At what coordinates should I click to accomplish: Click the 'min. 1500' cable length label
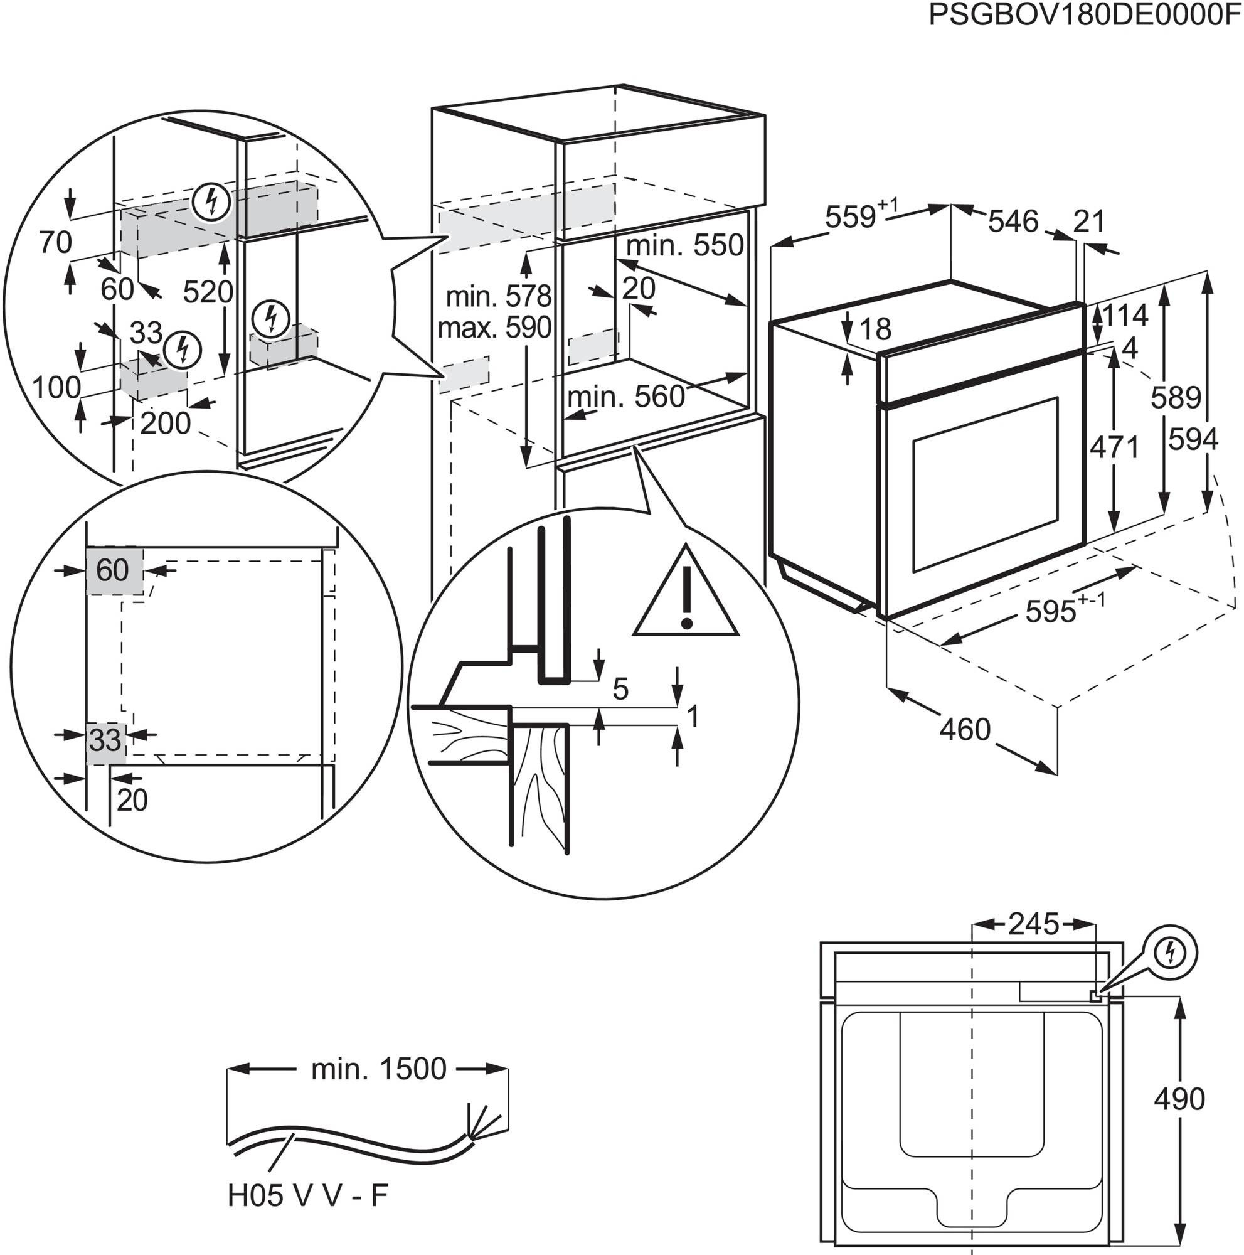[x=378, y=1069]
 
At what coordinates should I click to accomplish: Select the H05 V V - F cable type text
[x=308, y=1195]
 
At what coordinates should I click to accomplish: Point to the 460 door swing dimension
[x=965, y=730]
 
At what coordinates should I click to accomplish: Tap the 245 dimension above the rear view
[x=1033, y=924]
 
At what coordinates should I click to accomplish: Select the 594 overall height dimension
[x=1193, y=441]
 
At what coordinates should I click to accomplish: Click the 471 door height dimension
[x=1114, y=447]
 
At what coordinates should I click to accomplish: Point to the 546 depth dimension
[x=1013, y=222]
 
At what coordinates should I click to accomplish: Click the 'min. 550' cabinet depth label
[x=684, y=245]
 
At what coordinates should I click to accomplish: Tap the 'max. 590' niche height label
[x=494, y=328]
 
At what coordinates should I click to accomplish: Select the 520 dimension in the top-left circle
[x=208, y=292]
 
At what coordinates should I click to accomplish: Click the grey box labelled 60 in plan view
[x=114, y=570]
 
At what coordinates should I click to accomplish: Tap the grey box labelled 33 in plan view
[x=106, y=740]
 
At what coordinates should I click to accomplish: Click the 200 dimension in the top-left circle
[x=166, y=424]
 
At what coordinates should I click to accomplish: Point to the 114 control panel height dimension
[x=1125, y=316]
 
